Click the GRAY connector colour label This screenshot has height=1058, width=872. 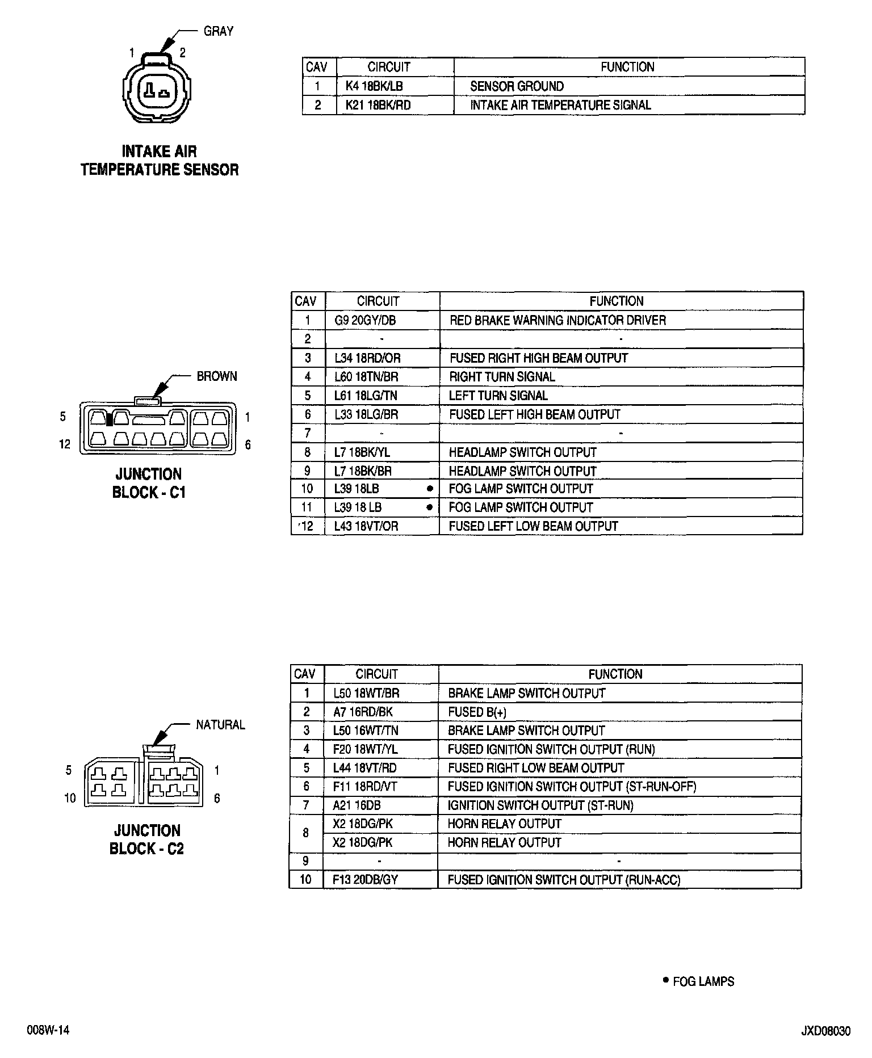219,31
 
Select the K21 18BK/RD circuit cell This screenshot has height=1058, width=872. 378,105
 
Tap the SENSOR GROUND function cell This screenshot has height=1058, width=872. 517,86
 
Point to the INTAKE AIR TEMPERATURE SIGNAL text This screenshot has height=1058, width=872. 560,105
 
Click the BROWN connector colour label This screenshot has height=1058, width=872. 217,376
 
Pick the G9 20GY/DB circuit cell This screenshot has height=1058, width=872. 364,320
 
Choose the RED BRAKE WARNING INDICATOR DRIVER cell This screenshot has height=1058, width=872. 557,320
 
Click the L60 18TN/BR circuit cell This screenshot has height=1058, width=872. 366,377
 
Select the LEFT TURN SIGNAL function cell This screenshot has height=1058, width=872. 498,396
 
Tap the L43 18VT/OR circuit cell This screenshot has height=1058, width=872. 366,526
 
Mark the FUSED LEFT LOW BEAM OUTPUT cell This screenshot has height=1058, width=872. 533,526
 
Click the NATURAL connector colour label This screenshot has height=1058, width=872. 220,725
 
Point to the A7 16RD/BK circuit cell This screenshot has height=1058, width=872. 363,712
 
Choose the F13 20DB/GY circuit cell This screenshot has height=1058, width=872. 365,880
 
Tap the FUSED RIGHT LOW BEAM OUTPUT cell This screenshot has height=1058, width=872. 536,768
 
